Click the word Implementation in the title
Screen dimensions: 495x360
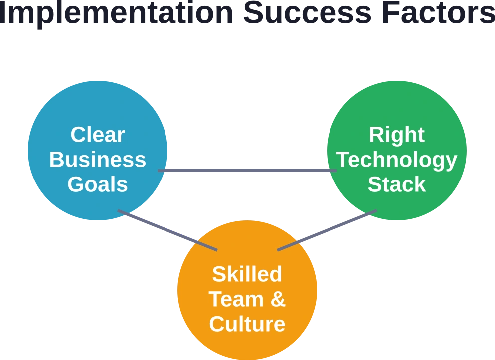pyautogui.click(x=116, y=14)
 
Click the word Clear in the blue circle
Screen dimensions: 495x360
pyautogui.click(x=98, y=135)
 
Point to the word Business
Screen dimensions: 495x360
pyautogui.click(x=98, y=160)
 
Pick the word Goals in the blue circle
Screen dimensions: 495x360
pyautogui.click(x=98, y=184)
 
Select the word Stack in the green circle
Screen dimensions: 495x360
pyautogui.click(x=397, y=184)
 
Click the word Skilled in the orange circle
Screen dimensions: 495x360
pyautogui.click(x=247, y=274)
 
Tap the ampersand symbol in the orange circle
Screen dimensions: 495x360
pyautogui.click(x=278, y=299)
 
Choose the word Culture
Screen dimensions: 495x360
pyautogui.click(x=247, y=324)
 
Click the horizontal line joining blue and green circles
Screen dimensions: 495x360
pyautogui.click(x=247, y=171)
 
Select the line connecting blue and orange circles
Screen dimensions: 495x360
pyautogui.click(x=167, y=230)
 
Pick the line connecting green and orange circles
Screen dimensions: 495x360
pyautogui.click(x=327, y=230)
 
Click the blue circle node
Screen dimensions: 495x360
pyautogui.click(x=98, y=151)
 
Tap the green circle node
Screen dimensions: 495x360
pyautogui.click(x=397, y=151)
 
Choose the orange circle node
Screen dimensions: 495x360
pyautogui.click(x=247, y=290)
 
